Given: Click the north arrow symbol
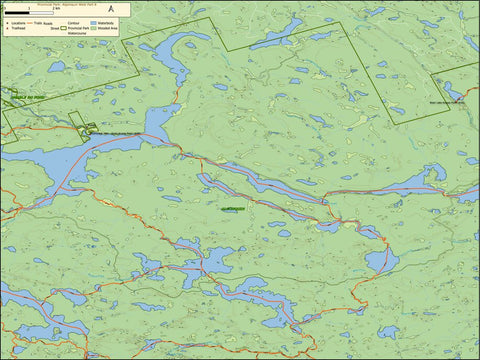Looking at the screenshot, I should [110, 7].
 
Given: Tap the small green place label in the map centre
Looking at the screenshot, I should [231, 209].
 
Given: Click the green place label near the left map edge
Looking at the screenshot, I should [18, 96].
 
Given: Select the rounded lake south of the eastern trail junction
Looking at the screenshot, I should [381, 262].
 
